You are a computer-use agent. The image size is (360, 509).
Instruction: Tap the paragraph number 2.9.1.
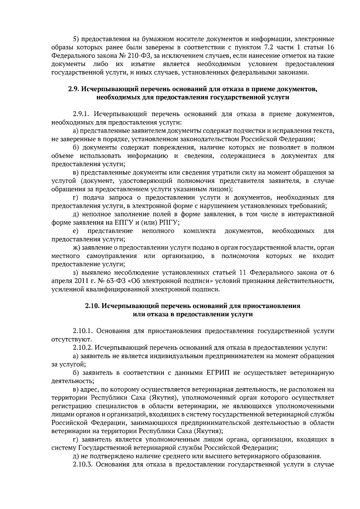[81, 114]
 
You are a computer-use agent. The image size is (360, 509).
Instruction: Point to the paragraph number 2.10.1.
[83, 331]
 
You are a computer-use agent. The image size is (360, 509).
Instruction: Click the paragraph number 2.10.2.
[83, 348]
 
